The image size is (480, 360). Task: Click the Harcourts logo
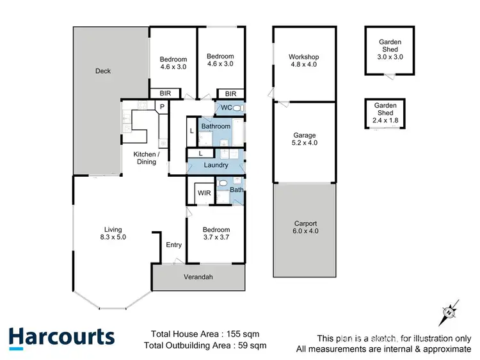61,338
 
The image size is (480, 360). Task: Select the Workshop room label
304,61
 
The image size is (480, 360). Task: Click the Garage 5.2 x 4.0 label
305,139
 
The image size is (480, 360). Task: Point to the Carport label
305,227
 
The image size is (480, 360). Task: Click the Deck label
103,71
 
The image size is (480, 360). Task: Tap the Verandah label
199,277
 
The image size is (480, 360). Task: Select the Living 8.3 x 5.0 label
113,233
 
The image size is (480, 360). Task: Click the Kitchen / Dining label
145,158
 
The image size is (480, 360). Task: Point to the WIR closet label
204,193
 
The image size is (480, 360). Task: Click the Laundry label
216,165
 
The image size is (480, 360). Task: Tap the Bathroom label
216,126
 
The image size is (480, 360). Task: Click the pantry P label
163,106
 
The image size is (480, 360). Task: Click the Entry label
173,245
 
